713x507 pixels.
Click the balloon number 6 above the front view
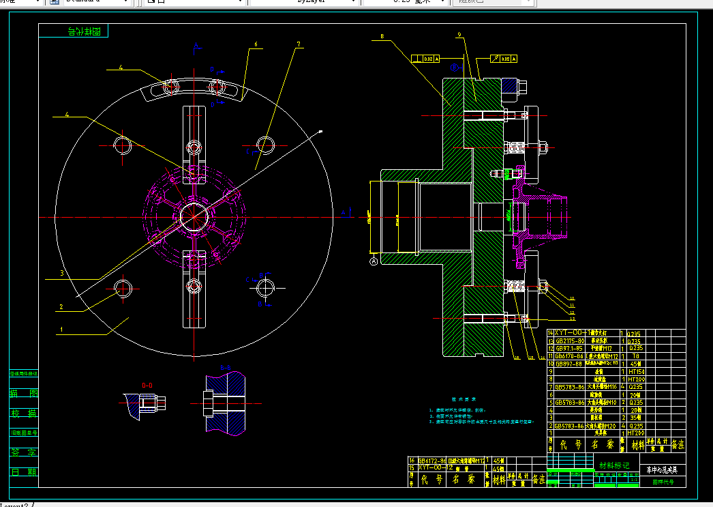(256, 45)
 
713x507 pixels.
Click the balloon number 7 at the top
(298, 45)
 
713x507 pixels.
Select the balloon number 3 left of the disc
(61, 273)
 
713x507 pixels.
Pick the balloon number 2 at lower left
(61, 307)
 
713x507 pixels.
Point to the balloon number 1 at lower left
(61, 329)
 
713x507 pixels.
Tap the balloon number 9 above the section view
(459, 35)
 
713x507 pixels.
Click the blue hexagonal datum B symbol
(455, 68)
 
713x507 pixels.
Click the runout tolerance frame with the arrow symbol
(502, 59)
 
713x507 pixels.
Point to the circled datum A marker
(374, 261)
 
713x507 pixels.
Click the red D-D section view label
(147, 385)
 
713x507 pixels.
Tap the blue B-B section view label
(226, 368)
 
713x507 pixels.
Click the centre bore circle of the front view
(194, 217)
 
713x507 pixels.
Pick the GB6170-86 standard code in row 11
(568, 356)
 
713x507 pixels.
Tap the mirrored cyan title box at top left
(84, 31)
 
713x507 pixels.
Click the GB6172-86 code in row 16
(432, 461)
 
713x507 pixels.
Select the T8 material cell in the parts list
(635, 356)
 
